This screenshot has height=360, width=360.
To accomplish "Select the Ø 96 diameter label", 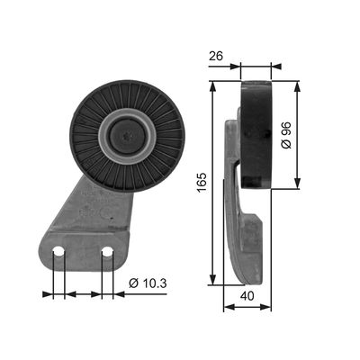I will tap(286, 136).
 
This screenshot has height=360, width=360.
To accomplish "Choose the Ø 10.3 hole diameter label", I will tap(148, 283).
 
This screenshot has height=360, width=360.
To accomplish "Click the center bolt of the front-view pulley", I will tap(127, 138).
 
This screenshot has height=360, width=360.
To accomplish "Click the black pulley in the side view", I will tap(256, 135).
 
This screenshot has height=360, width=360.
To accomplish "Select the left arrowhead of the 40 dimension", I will tap(227, 306).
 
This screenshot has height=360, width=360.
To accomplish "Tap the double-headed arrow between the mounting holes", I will tap(83, 293).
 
